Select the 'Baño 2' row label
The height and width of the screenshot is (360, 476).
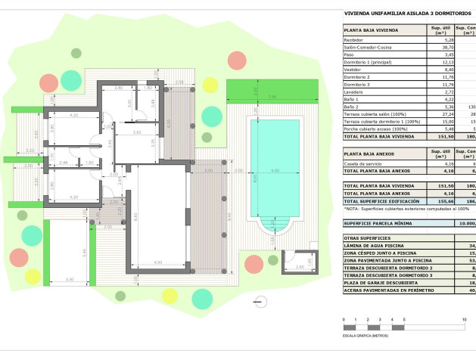(352, 106)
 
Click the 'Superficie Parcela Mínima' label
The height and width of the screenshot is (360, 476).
(379, 224)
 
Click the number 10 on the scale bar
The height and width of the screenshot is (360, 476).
(465, 320)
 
